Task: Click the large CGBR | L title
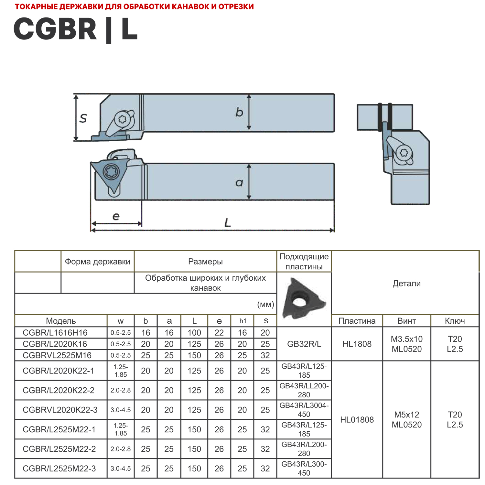(76, 29)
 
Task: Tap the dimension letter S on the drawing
(83, 118)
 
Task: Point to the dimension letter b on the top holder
(239, 112)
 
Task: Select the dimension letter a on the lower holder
(239, 183)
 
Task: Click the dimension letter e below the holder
(116, 216)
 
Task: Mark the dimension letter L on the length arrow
(228, 222)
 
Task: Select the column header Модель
(61, 321)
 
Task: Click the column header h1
(242, 321)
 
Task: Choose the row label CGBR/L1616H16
(55, 333)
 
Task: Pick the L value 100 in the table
(194, 333)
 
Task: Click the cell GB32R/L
(304, 344)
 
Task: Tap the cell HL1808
(357, 344)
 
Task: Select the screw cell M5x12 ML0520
(406, 420)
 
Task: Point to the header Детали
(406, 284)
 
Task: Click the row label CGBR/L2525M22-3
(59, 469)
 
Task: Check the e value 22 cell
(219, 333)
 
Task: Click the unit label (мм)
(265, 304)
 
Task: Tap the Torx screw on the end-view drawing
(404, 153)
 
